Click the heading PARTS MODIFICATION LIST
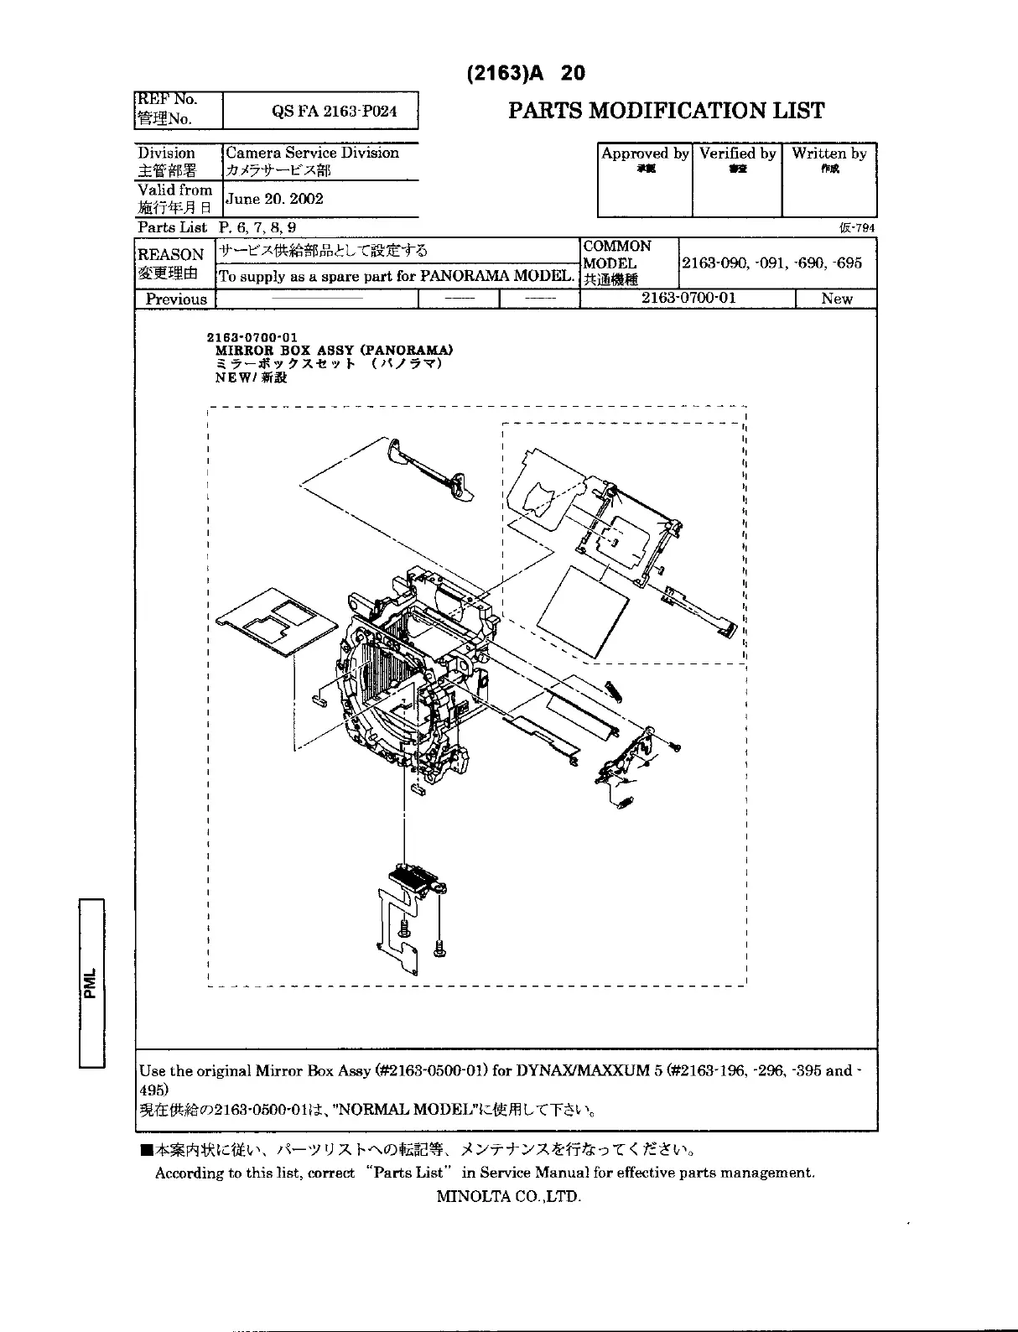667,111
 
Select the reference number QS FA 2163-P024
335,112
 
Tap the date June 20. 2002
274,199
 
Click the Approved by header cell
645,153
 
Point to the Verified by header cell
737,153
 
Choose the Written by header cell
828,153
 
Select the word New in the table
836,299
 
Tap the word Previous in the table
176,299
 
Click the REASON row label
171,254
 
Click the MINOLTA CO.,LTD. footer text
508,1196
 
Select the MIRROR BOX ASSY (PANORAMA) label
335,350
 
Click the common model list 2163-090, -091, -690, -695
771,263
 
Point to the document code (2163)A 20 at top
525,73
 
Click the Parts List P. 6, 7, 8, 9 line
216,227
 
